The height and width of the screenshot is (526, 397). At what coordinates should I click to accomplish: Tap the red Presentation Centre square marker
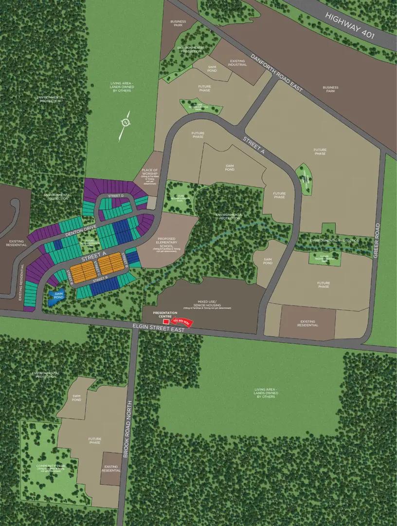click(x=166, y=321)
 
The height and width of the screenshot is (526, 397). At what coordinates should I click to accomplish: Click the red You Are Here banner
click(x=183, y=322)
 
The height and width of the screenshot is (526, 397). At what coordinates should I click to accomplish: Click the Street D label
click(x=115, y=196)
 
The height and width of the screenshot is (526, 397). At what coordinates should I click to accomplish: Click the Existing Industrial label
click(x=237, y=63)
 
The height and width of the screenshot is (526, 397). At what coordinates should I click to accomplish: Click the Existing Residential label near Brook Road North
click(x=111, y=469)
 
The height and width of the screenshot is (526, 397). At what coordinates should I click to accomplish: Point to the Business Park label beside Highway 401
click(x=330, y=89)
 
